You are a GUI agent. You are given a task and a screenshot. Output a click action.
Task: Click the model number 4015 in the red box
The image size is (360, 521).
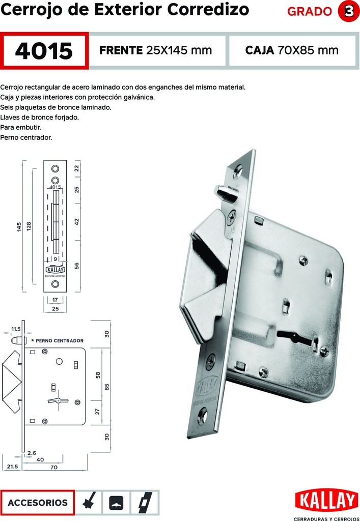[44, 51]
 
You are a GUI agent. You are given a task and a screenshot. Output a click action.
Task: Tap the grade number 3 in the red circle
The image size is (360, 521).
[349, 12]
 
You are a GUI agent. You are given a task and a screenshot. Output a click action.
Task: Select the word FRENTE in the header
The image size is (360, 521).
[121, 50]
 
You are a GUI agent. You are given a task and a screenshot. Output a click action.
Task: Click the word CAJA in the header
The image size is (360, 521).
[260, 50]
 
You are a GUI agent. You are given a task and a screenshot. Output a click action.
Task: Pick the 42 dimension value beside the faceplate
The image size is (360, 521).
[77, 222]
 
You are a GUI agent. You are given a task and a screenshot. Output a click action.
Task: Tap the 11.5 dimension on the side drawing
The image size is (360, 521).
[16, 329]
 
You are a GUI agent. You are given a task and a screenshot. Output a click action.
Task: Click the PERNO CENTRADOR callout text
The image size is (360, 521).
[57, 340]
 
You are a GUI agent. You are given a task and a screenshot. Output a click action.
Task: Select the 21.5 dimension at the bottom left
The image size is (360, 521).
[13, 466]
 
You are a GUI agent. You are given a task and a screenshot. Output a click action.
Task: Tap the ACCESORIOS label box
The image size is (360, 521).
[38, 503]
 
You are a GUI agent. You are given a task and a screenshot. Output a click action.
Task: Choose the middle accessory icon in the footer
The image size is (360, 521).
[116, 503]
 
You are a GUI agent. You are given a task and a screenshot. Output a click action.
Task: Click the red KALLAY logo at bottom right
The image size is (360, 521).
[327, 500]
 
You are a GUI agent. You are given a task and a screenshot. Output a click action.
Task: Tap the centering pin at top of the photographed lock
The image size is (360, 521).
[226, 192]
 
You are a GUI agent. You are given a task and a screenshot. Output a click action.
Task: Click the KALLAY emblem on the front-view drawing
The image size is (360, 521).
[55, 270]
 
